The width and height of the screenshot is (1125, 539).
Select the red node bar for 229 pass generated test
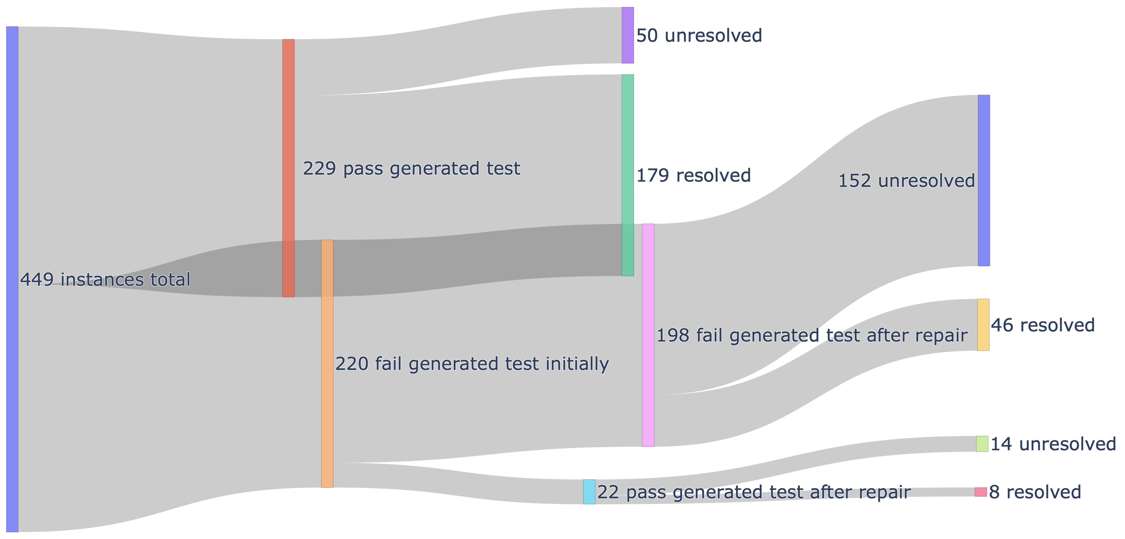point(288,168)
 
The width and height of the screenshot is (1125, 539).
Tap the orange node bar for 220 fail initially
point(327,363)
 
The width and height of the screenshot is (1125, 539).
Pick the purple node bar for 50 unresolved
point(628,35)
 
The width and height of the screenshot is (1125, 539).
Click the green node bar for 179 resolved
point(628,175)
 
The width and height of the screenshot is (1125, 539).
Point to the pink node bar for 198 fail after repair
point(648,335)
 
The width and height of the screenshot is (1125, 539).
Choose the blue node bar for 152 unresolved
point(984,180)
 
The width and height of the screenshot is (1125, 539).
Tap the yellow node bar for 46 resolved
point(983,325)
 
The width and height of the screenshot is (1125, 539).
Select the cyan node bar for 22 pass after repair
point(589,492)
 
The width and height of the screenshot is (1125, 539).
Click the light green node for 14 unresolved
point(982,444)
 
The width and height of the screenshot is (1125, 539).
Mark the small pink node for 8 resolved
point(981,492)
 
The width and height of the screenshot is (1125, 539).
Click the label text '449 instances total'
point(105,279)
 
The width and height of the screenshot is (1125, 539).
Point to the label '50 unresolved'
point(699,35)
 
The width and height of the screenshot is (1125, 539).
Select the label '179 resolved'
point(693,175)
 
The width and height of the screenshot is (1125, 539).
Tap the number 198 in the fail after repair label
point(673,335)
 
